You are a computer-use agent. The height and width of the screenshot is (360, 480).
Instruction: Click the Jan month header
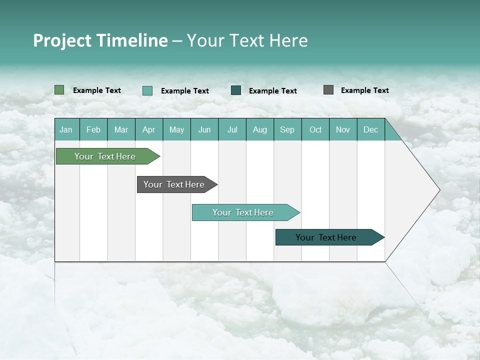point(66,129)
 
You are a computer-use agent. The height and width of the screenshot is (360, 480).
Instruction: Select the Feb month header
point(93,129)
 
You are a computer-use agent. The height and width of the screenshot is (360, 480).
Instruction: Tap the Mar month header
point(121,129)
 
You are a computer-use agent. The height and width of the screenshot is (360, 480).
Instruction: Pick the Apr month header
point(149,129)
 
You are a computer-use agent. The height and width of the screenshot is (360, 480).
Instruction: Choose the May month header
point(176,129)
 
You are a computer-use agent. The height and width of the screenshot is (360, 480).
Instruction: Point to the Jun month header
point(204,129)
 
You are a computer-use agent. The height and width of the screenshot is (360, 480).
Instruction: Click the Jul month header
point(232,129)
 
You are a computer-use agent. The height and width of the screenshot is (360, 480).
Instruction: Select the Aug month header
point(260,129)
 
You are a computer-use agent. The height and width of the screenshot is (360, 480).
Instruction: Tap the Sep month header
point(287,129)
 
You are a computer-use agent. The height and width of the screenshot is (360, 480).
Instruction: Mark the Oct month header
point(315,129)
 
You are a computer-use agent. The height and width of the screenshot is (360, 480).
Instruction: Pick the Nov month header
point(343,129)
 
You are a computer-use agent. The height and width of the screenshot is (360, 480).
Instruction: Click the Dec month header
point(371,129)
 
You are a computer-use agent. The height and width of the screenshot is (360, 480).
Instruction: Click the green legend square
point(59,90)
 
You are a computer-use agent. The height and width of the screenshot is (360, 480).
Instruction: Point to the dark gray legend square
point(328,90)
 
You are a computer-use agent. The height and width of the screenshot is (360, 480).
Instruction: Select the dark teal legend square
point(236,90)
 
